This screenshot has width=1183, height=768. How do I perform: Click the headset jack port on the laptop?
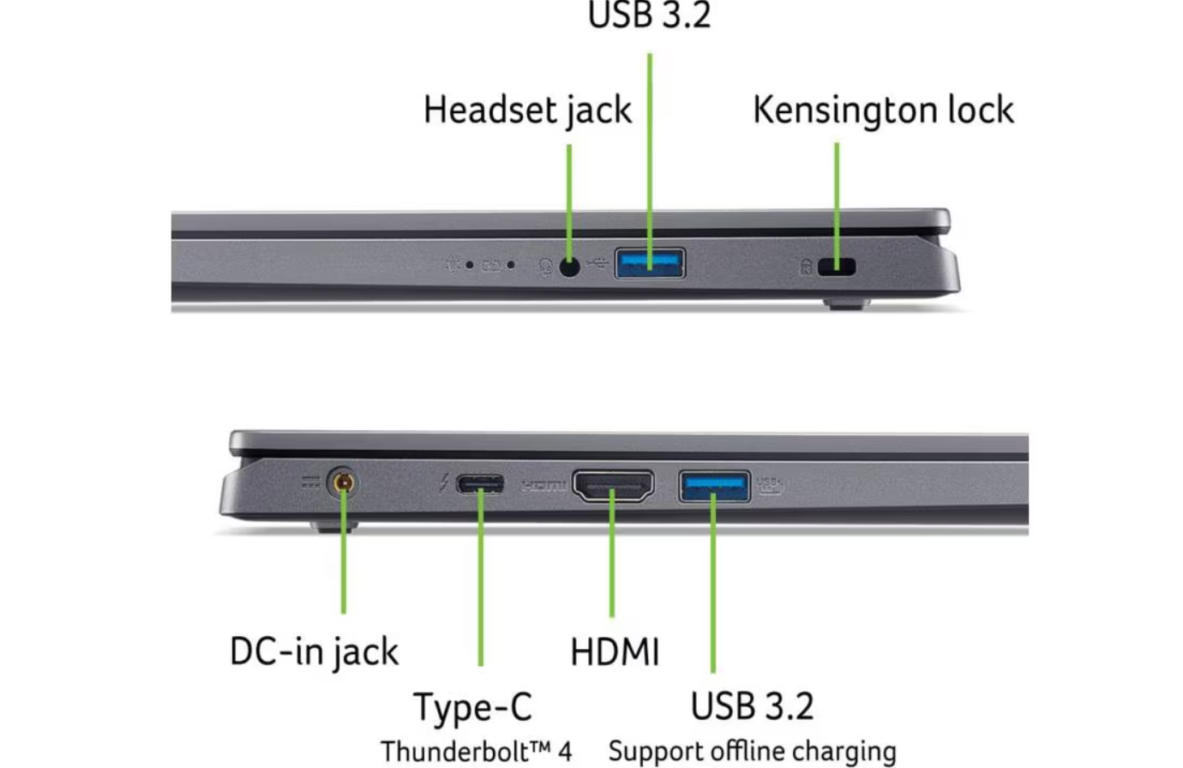pyautogui.click(x=569, y=267)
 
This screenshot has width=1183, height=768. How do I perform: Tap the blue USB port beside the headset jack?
pyautogui.click(x=649, y=263)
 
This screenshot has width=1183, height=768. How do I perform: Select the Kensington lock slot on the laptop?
pyautogui.click(x=837, y=267)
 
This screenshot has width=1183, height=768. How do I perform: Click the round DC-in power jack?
pyautogui.click(x=343, y=483)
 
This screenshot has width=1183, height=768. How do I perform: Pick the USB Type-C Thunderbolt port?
pyautogui.click(x=480, y=484)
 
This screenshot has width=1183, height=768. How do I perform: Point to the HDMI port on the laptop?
pyautogui.click(x=612, y=486)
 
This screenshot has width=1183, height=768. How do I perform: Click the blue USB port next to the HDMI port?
pyautogui.click(x=714, y=486)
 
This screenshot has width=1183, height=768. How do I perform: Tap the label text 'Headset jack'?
pyautogui.click(x=527, y=111)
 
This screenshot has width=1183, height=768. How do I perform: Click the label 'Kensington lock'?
pyautogui.click(x=883, y=111)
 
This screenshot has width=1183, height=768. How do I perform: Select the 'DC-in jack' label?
pyautogui.click(x=314, y=651)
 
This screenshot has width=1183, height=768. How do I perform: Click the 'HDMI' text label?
pyautogui.click(x=615, y=652)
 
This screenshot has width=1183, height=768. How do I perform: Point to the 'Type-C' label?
pyautogui.click(x=472, y=707)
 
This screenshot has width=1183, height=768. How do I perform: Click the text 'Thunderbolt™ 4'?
pyautogui.click(x=476, y=752)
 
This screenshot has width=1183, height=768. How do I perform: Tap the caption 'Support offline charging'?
pyautogui.click(x=752, y=752)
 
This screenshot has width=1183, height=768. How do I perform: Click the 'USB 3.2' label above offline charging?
pyautogui.click(x=752, y=706)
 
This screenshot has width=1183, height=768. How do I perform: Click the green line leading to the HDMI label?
pyautogui.click(x=612, y=566)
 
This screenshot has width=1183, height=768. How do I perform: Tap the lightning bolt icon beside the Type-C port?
pyautogui.click(x=443, y=484)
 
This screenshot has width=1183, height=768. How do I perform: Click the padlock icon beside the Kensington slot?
pyautogui.click(x=806, y=267)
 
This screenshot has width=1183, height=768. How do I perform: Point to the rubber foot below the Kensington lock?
pyautogui.click(x=846, y=303)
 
